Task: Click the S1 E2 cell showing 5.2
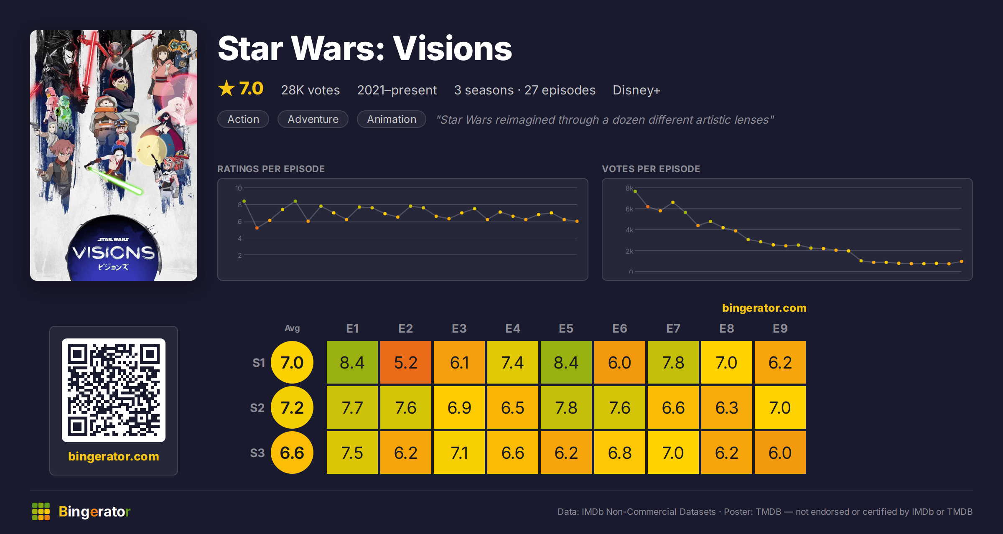point(405,362)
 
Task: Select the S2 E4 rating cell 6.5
point(512,407)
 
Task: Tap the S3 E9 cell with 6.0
point(780,453)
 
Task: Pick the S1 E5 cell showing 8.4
point(566,362)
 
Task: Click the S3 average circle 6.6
point(292,453)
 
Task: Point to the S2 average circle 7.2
point(292,407)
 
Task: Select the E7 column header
point(673,328)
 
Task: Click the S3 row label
point(257,453)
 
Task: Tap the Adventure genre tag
point(313,119)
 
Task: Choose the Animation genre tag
point(392,119)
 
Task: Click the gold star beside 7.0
point(227,88)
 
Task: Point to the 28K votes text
point(311,90)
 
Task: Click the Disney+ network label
point(636,90)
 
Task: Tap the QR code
point(114,390)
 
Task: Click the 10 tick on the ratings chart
point(239,188)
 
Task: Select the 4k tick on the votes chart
point(629,230)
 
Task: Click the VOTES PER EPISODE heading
point(651,169)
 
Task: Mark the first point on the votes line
point(635,191)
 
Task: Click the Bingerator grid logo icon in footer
point(41,511)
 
